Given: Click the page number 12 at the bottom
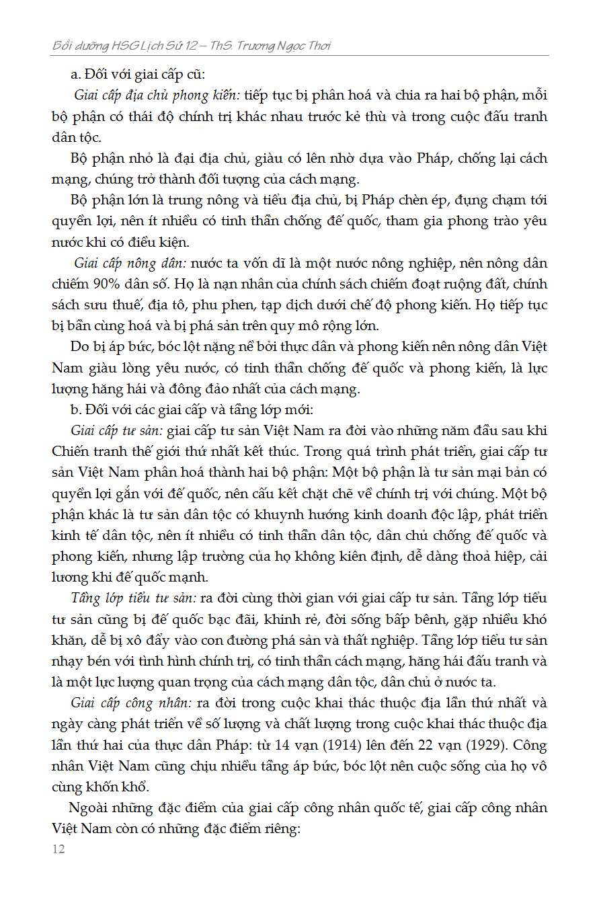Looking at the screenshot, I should pyautogui.click(x=58, y=849).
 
